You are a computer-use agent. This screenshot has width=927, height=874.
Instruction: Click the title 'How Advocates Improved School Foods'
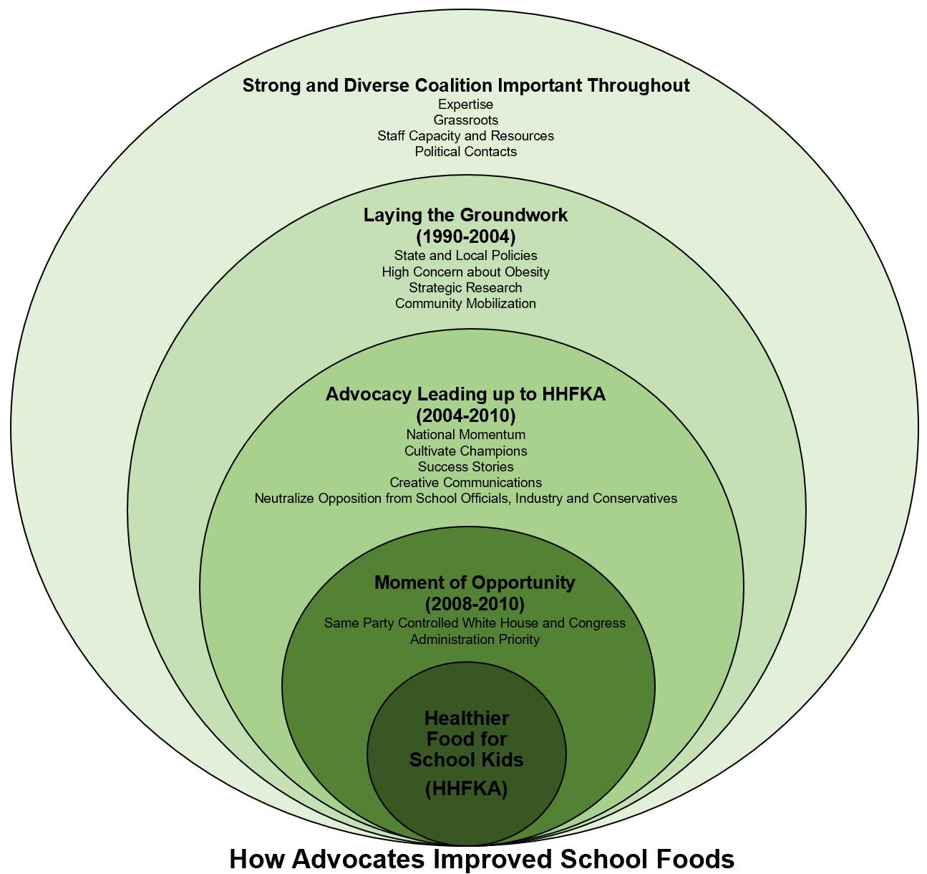pos(482,858)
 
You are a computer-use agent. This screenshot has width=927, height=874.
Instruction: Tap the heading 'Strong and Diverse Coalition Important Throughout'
pos(466,86)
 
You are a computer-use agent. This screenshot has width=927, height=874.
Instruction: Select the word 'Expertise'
pos(466,105)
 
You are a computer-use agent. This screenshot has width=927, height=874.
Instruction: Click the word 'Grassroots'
pos(466,120)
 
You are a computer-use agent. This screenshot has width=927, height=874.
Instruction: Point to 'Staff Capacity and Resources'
pos(466,136)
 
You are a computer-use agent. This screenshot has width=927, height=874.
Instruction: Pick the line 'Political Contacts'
pos(466,152)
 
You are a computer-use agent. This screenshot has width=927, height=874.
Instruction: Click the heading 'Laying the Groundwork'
pos(466,215)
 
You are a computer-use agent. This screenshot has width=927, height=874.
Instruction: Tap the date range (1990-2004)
pos(466,236)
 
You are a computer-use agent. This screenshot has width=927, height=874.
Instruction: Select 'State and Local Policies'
pos(466,256)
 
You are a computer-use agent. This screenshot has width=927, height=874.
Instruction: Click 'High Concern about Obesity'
pos(466,272)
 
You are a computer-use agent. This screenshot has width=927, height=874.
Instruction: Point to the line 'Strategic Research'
pos(466,288)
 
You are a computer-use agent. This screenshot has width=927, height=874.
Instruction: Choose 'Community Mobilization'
pos(466,304)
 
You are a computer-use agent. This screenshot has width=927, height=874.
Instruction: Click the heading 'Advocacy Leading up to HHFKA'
pos(466,394)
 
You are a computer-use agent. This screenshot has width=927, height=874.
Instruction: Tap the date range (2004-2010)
pos(466,416)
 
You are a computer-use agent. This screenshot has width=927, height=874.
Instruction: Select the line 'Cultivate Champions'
pos(466,451)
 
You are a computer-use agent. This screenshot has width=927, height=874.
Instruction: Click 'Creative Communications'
pos(466,483)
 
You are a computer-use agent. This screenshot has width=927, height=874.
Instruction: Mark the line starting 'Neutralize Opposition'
pos(466,499)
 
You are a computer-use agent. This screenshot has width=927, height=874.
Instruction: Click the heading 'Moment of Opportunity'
pos(475,582)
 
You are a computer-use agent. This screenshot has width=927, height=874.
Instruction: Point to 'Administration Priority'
pos(475,640)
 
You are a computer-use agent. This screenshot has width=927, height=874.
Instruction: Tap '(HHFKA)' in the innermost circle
pos(466,789)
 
